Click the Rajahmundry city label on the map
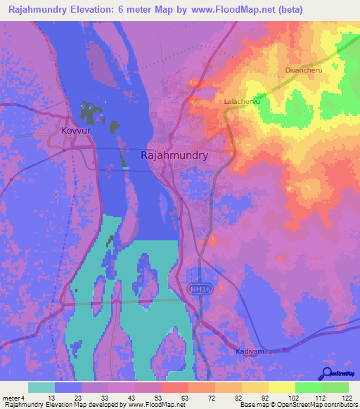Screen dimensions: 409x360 click(175, 155)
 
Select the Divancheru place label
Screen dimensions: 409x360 click(304, 70)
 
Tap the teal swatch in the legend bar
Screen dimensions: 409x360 click(41, 387)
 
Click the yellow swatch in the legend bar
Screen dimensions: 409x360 click(281, 387)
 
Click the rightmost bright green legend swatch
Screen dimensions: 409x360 click(335, 387)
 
